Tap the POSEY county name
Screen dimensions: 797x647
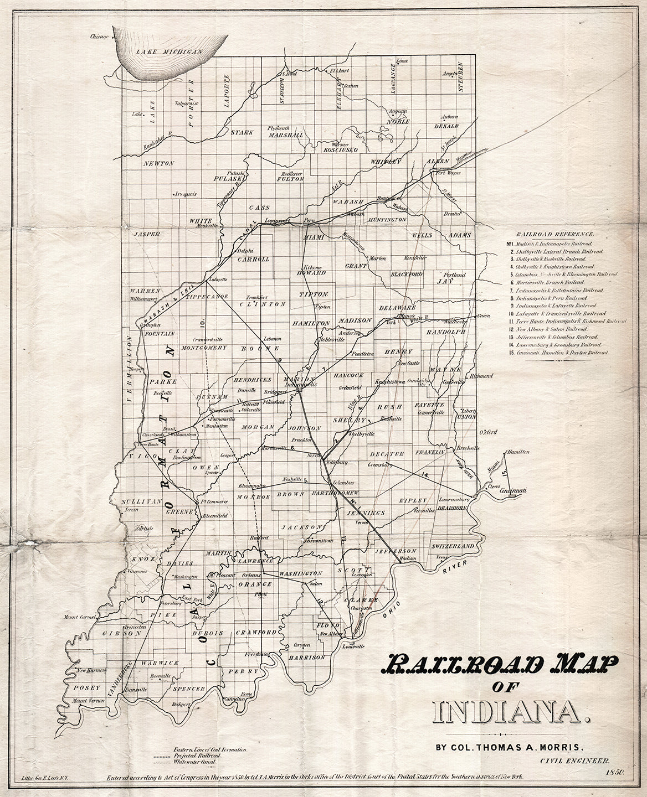click(86, 688)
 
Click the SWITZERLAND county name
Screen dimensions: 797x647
click(452, 546)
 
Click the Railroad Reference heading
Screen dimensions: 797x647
click(554, 234)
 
